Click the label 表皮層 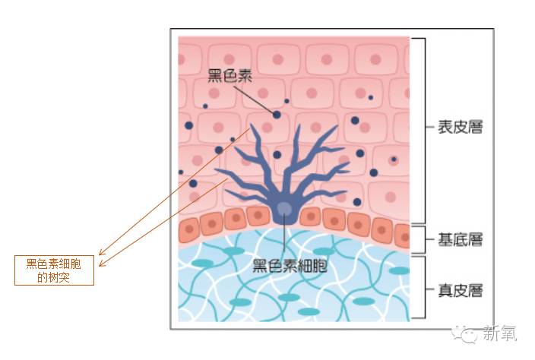click(x=460, y=128)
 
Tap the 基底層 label click(x=460, y=240)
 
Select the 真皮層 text click(x=460, y=289)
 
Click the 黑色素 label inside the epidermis click(x=230, y=77)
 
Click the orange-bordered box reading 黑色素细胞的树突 click(x=54, y=270)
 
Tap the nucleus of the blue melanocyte click(x=283, y=209)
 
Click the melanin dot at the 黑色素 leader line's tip click(x=277, y=115)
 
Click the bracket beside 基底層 click(x=423, y=240)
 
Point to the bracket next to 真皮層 click(x=423, y=289)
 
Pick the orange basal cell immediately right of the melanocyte click(x=309, y=216)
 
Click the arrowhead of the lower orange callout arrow click(x=102, y=265)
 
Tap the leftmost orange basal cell click(x=188, y=229)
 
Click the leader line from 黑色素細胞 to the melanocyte click(x=284, y=239)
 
